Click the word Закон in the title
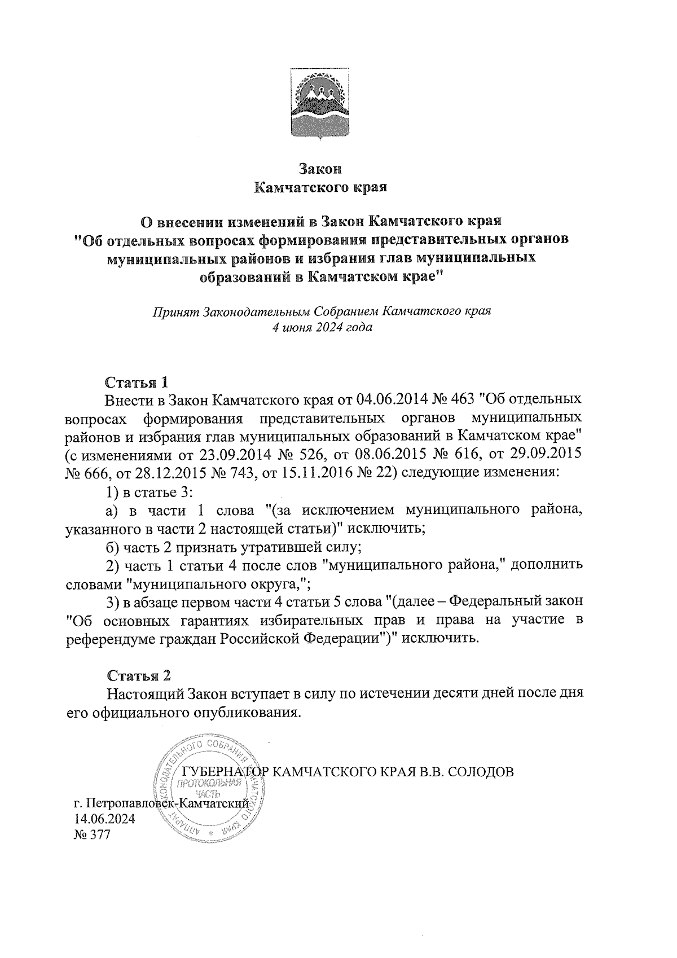[x=320, y=168]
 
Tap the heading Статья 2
[x=138, y=675]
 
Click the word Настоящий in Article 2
[x=146, y=693]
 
